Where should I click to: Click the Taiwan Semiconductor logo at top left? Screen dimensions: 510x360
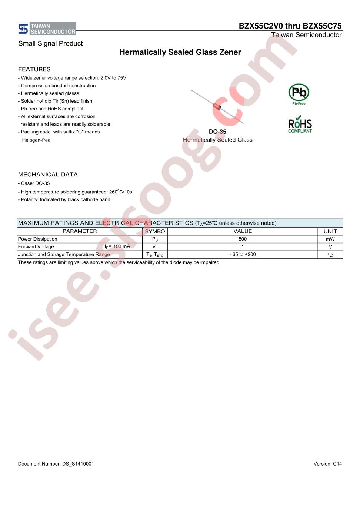pyautogui.click(x=47, y=29)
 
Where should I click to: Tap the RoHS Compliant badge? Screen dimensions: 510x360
pyautogui.click(x=300, y=125)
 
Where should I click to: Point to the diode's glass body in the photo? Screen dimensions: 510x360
pyautogui.click(x=217, y=107)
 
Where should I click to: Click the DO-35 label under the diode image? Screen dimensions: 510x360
pyautogui.click(x=217, y=132)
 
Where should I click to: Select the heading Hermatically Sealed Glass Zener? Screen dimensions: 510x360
pyautogui.click(x=180, y=52)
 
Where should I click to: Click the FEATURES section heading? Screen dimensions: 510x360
pyautogui.click(x=34, y=69)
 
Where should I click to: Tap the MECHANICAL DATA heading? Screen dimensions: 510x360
pyautogui.click(x=48, y=175)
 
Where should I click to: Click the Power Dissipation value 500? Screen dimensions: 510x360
pyautogui.click(x=243, y=239)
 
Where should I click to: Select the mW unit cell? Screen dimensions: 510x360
pyautogui.click(x=330, y=239)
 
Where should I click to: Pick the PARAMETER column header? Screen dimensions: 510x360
pyautogui.click(x=80, y=231)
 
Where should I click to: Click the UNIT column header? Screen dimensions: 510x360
pyautogui.click(x=330, y=231)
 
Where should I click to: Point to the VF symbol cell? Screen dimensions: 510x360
pyautogui.click(x=155, y=247)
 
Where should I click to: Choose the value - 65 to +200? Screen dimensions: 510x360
pyautogui.click(x=243, y=255)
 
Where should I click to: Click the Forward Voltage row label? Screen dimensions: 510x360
pyautogui.click(x=36, y=247)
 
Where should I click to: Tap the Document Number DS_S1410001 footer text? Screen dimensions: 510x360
pyautogui.click(x=56, y=464)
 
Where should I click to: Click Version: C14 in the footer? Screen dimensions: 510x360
pyautogui.click(x=327, y=464)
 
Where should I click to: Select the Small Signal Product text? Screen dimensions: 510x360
pyautogui.click(x=50, y=43)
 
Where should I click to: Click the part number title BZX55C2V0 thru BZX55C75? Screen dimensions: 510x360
pyautogui.click(x=290, y=26)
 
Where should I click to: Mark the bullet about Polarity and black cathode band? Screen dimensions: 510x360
pyautogui.click(x=64, y=199)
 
